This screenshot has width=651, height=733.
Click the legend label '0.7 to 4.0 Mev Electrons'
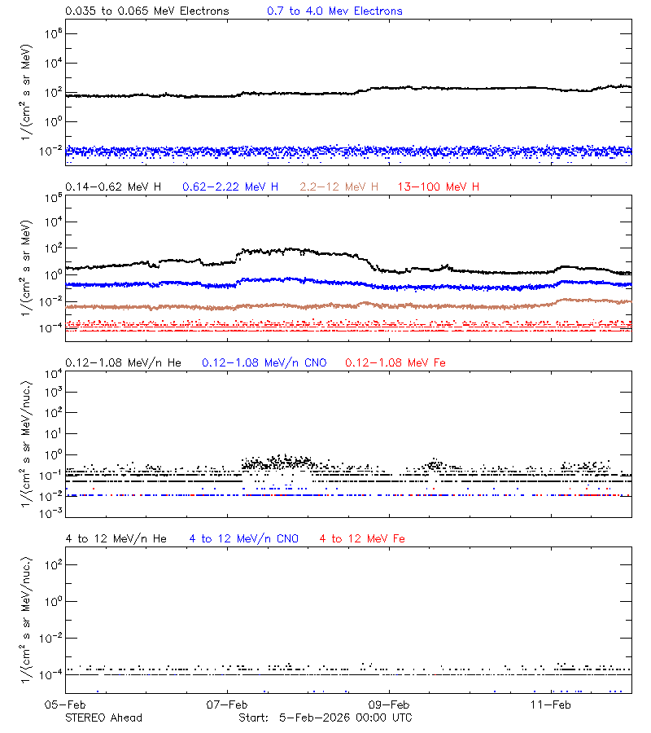point(334,11)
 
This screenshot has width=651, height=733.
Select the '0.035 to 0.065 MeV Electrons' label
point(146,11)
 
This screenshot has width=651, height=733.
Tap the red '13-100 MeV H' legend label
point(439,187)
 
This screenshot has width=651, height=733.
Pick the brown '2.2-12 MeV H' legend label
point(339,187)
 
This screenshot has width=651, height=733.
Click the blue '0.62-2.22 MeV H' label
point(230,187)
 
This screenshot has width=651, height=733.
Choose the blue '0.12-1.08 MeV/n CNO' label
point(264,362)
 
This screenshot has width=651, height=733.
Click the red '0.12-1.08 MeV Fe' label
point(395,362)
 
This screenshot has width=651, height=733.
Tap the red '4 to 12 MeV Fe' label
point(362,538)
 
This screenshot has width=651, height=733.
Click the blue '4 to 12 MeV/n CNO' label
point(244,538)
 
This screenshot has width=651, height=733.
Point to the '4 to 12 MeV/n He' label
point(116,538)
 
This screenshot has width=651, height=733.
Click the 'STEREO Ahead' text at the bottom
point(103,718)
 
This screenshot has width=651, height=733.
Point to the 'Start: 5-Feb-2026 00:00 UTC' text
point(325,718)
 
